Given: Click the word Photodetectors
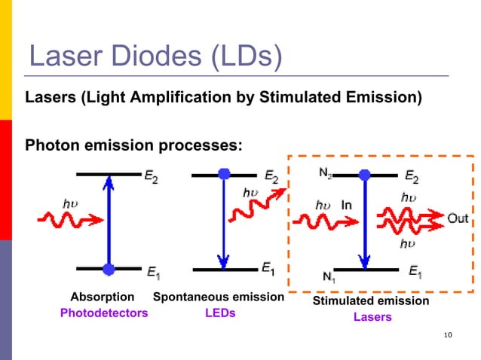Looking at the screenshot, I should [x=104, y=313].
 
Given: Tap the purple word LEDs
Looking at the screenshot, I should [x=220, y=313].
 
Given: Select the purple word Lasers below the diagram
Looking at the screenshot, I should [x=372, y=317].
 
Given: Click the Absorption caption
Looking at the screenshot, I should [x=103, y=297].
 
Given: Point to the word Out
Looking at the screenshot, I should [x=458, y=218].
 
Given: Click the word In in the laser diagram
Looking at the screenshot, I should [x=347, y=205].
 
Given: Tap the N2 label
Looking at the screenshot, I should [x=325, y=173].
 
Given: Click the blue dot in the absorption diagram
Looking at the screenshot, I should [x=109, y=268].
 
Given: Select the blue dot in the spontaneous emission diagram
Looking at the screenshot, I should [x=224, y=175].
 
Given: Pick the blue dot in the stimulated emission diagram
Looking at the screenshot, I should [x=365, y=175].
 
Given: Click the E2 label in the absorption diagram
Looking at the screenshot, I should [x=152, y=177].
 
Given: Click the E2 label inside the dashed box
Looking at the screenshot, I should [x=412, y=177].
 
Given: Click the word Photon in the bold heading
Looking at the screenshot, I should [x=51, y=143].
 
